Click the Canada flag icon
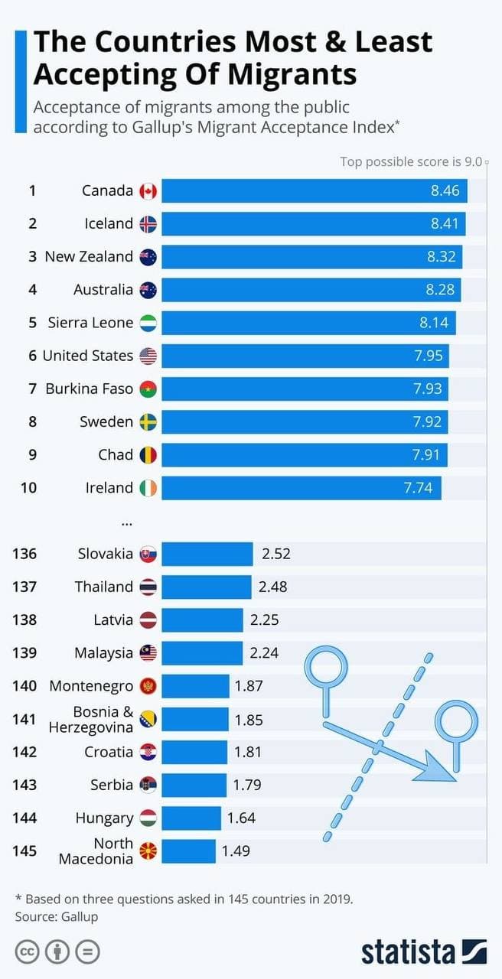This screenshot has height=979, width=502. pyautogui.click(x=148, y=191)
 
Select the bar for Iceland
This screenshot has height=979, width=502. pyautogui.click(x=313, y=224)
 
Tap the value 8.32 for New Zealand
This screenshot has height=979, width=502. pyautogui.click(x=442, y=257)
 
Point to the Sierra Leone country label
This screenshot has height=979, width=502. pyautogui.click(x=90, y=323)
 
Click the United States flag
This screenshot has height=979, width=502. pyautogui.click(x=148, y=356)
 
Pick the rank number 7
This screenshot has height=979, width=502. pyautogui.click(x=32, y=389)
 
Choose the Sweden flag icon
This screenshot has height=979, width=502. pyautogui.click(x=148, y=422)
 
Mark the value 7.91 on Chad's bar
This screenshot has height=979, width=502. pyautogui.click(x=425, y=455)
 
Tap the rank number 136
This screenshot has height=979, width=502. pyautogui.click(x=24, y=554)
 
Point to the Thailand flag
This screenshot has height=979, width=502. pyautogui.click(x=148, y=587)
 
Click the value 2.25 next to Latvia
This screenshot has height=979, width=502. pyautogui.click(x=266, y=620)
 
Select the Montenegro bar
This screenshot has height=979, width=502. pyautogui.click(x=195, y=686)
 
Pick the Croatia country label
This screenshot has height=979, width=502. pyautogui.click(x=109, y=752)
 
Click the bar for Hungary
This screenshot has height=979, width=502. pyautogui.click(x=191, y=818)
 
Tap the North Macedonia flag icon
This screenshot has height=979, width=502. pyautogui.click(x=148, y=851)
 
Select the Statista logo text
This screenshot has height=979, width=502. pyautogui.click(x=408, y=952)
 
